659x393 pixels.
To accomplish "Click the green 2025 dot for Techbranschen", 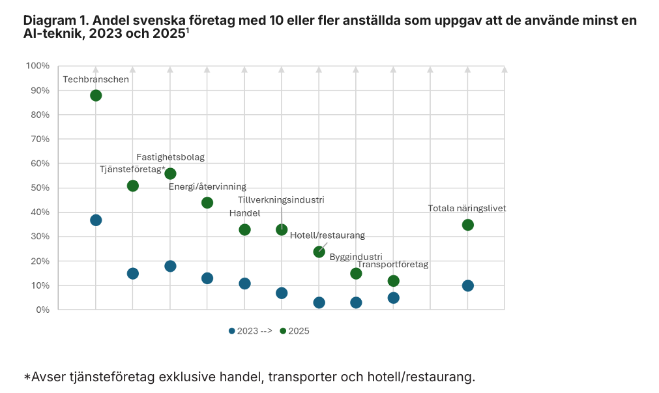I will pyautogui.click(x=96, y=95).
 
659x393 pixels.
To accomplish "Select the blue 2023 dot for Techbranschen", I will pyautogui.click(x=96, y=220).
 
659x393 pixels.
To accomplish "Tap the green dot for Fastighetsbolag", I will pyautogui.click(x=170, y=173).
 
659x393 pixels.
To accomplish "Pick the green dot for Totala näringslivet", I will pyautogui.click(x=467, y=225).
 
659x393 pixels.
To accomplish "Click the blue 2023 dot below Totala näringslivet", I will pyautogui.click(x=467, y=285).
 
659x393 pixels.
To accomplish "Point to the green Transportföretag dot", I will pyautogui.click(x=393, y=281).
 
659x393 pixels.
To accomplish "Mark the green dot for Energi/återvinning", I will pyautogui.click(x=207, y=203).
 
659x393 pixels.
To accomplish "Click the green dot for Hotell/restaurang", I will pyautogui.click(x=319, y=252).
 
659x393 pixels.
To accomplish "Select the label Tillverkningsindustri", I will pyautogui.click(x=281, y=200).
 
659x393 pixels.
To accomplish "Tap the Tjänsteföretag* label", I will pyautogui.click(x=132, y=169).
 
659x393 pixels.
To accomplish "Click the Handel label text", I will pyautogui.click(x=244, y=213).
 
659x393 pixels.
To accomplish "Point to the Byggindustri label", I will pyautogui.click(x=356, y=257).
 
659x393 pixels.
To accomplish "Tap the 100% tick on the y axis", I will pyautogui.click(x=37, y=66).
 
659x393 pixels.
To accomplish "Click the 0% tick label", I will pyautogui.click(x=42, y=310).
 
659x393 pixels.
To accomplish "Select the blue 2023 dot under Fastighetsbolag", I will pyautogui.click(x=170, y=266).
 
